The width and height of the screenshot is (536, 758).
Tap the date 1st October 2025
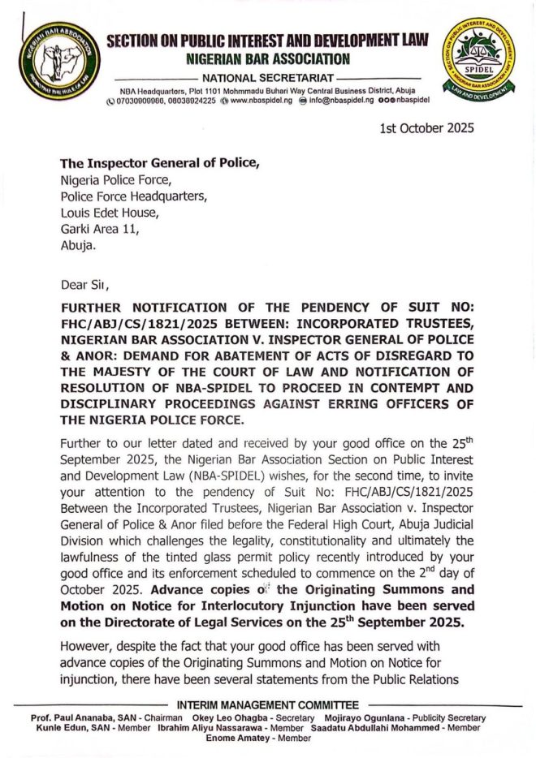click(427, 128)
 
